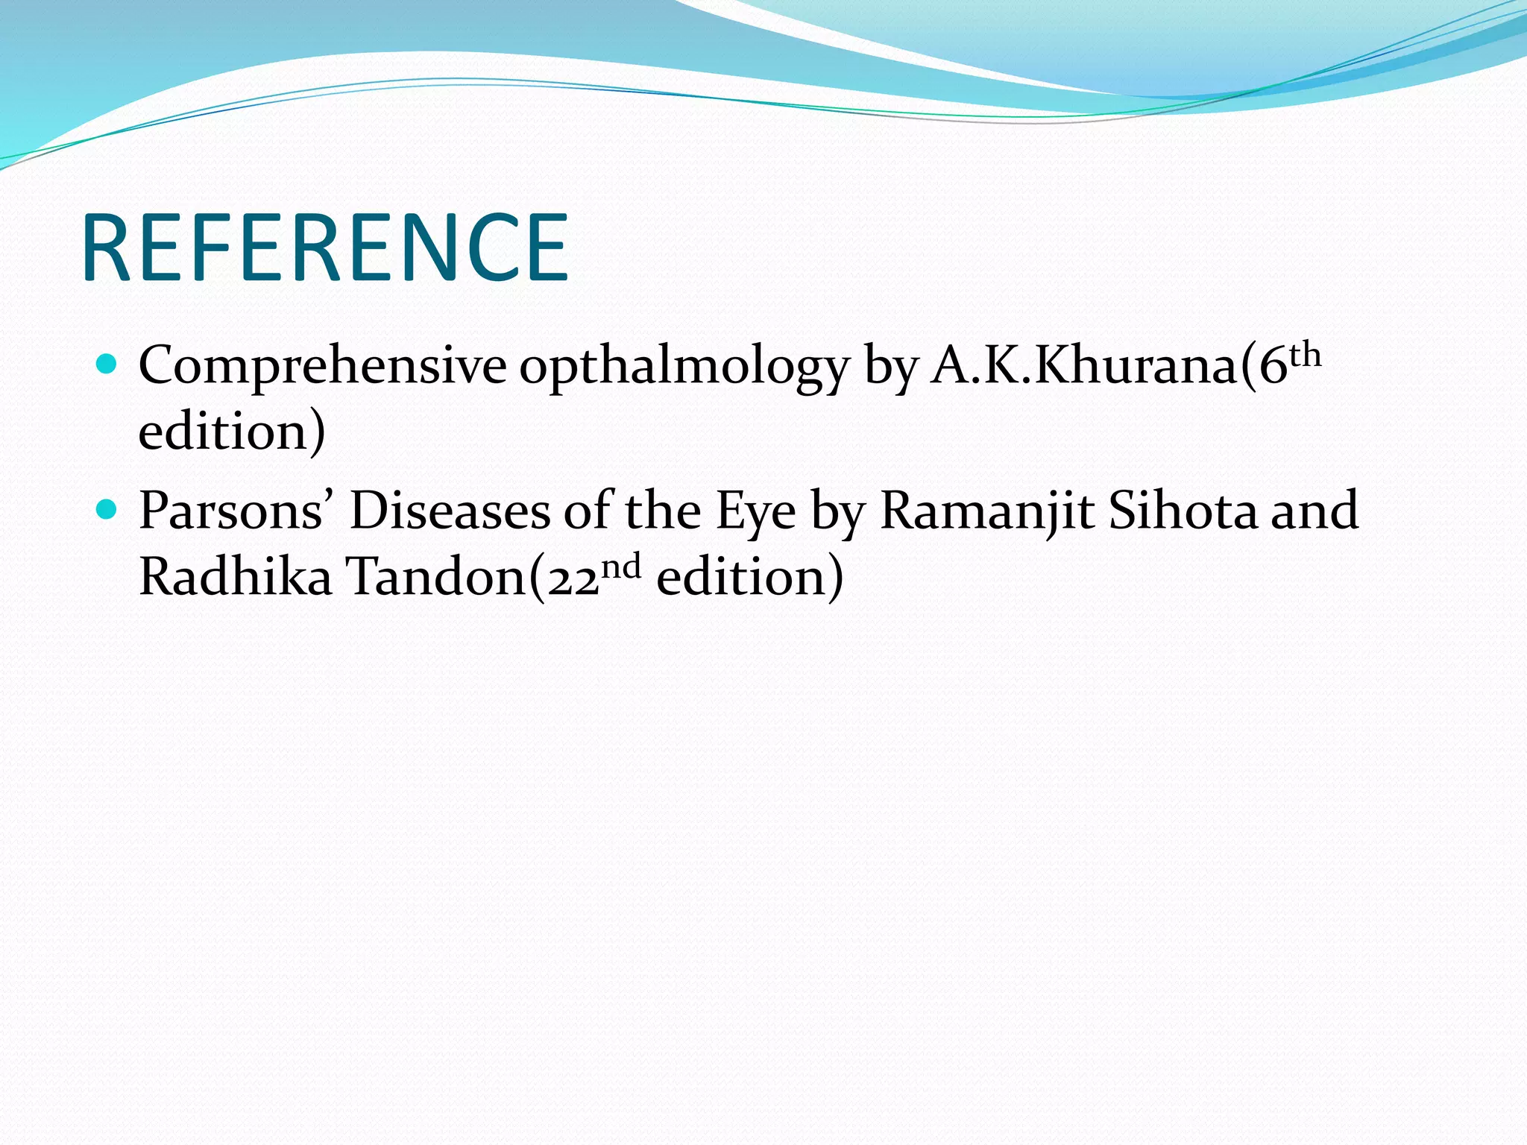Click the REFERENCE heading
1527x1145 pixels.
pos(325,247)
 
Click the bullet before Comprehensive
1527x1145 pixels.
pos(107,365)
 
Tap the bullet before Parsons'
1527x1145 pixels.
pos(107,510)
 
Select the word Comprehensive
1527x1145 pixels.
pos(322,367)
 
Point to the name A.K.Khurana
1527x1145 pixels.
pos(1085,366)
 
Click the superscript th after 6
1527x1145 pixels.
pos(1306,356)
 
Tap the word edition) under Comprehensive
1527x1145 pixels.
pos(232,432)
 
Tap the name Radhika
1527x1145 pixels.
pos(235,576)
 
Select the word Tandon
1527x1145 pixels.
pos(438,577)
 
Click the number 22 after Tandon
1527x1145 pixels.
pos(573,580)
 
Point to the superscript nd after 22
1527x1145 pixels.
pos(620,567)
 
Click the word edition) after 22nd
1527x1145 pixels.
pos(749,578)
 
